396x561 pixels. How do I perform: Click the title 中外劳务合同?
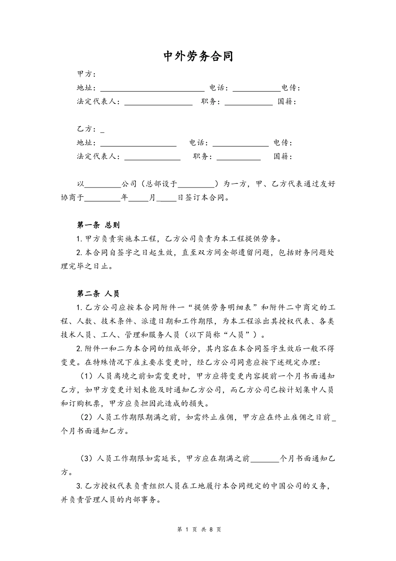(198, 56)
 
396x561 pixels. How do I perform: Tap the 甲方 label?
(86, 74)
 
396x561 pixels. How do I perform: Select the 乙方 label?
(86, 129)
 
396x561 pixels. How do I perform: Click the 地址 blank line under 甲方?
(152, 89)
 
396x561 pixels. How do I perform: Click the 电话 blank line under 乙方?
(241, 144)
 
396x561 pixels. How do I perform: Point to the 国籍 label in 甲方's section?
(287, 102)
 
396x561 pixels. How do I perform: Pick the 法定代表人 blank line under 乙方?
(152, 158)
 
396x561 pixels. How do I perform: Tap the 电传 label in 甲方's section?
(290, 88)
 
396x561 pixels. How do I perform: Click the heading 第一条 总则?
(98, 225)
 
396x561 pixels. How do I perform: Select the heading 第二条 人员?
(98, 294)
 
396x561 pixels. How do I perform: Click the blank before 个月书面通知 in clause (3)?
(265, 459)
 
